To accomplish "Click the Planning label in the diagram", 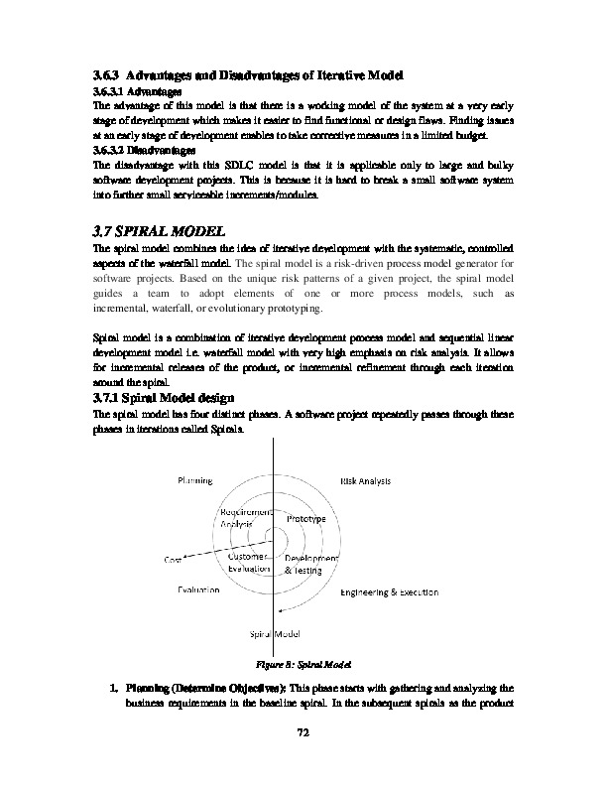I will [194, 480].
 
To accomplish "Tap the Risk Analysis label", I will [366, 480].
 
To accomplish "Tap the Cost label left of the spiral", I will [175, 559].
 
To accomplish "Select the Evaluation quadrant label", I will [198, 590].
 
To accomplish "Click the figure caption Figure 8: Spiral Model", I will [303, 663].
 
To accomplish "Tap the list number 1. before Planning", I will [114, 686].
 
